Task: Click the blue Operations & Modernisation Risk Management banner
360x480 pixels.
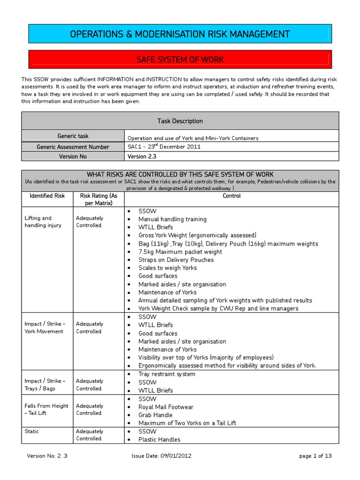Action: pyautogui.click(x=180, y=34)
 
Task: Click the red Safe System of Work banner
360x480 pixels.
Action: pyautogui.click(x=180, y=60)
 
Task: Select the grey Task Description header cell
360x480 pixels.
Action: pyautogui.click(x=180, y=121)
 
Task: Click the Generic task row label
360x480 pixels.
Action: pyautogui.click(x=73, y=136)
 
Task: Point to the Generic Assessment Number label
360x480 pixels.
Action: pyautogui.click(x=73, y=147)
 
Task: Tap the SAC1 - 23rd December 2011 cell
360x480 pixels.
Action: pyautogui.click(x=164, y=146)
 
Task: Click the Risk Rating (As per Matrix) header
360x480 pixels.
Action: pyautogui.click(x=98, y=200)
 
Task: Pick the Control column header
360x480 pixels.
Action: pyautogui.click(x=232, y=196)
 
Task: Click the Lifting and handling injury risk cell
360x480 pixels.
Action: pyautogui.click(x=43, y=222)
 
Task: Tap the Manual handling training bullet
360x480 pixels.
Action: pyautogui.click(x=172, y=219)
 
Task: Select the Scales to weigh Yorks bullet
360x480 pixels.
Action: pyautogui.click(x=167, y=268)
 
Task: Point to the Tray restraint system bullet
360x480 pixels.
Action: pyautogui.click(x=166, y=374)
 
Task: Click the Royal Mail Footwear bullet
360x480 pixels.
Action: pyautogui.click(x=165, y=407)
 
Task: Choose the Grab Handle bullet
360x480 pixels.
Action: pyautogui.click(x=155, y=415)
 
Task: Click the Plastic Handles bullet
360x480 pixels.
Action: pyautogui.click(x=159, y=439)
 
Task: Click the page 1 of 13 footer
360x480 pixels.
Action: pyautogui.click(x=315, y=455)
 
